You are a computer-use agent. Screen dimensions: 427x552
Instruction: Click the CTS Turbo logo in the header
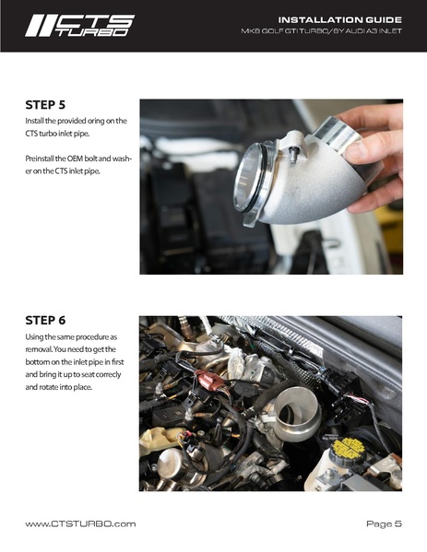(79, 26)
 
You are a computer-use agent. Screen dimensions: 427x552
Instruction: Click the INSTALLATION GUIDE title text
(340, 19)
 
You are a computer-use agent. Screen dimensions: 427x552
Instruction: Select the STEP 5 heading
(45, 105)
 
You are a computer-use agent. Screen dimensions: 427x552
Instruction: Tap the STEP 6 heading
(45, 321)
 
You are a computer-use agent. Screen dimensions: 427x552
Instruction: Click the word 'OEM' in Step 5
(75, 159)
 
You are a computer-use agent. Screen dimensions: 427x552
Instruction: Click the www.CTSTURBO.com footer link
(80, 523)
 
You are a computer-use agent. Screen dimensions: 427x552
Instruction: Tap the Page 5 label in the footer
(384, 523)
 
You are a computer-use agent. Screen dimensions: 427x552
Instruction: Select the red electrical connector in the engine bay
(209, 381)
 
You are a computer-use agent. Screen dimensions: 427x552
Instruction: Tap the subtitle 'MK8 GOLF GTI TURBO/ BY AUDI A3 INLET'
(321, 31)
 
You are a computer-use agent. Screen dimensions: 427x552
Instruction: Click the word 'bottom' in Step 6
(36, 362)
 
